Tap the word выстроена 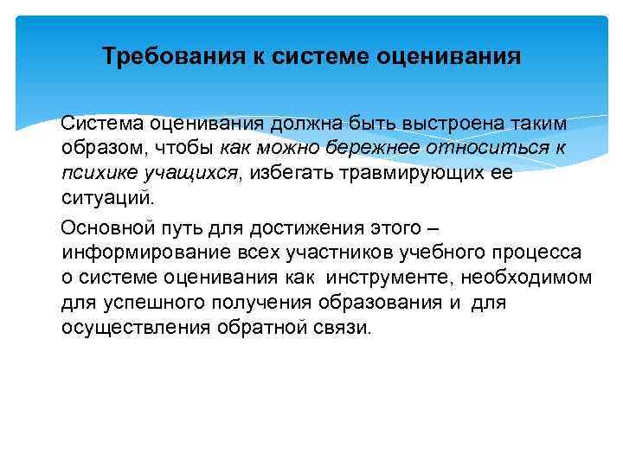coord(442,124)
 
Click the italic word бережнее coord(380,148)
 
